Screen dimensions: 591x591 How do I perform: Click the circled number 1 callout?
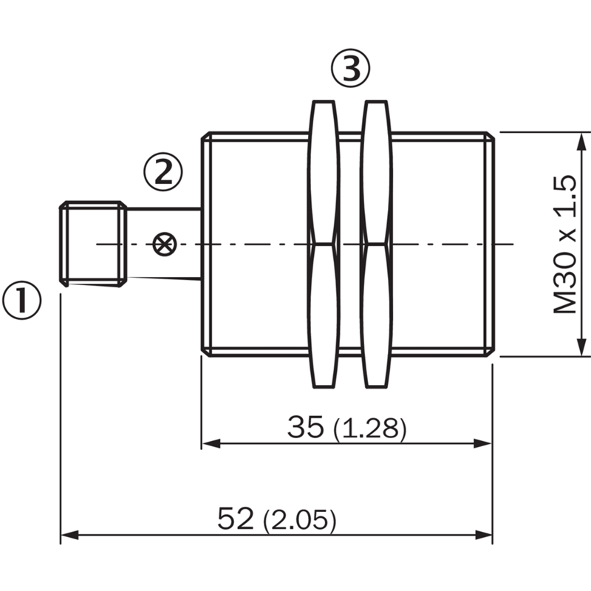pos(22,301)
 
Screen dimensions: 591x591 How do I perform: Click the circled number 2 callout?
pos(163,172)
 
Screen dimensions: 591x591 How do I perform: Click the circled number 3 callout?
pos(350,68)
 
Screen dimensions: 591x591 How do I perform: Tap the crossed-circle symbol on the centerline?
pos(165,245)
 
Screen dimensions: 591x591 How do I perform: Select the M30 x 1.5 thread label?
pos(564,245)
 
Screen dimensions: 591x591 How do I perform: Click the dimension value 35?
pos(305,427)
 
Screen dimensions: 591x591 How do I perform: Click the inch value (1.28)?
pos(370,429)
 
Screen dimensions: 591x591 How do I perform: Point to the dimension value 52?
pos(236,519)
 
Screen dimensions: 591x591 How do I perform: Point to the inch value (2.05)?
pos(299,521)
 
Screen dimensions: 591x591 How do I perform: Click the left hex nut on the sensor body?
pos(324,244)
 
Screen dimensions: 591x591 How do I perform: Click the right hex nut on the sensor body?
pos(377,244)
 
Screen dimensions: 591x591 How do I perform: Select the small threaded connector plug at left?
pos(93,244)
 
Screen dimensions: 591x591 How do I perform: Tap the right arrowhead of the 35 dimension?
pos(483,444)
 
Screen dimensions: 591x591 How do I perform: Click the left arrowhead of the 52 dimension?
pos(69,535)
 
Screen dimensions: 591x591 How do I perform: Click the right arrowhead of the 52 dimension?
pos(484,535)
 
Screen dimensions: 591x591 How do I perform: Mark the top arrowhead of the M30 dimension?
pos(582,142)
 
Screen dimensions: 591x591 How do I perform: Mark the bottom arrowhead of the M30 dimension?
pos(582,346)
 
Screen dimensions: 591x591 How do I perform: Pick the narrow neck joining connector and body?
pos(164,244)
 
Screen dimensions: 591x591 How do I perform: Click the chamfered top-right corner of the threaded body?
pos(491,136)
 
